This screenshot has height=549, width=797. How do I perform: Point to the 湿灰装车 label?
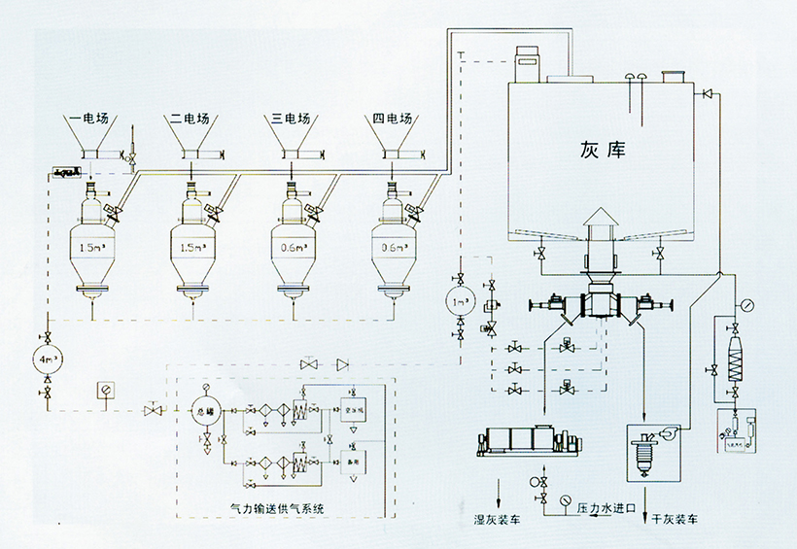496,521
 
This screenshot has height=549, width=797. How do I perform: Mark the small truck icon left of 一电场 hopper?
65,172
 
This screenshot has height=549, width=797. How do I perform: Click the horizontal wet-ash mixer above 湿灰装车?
524,441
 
